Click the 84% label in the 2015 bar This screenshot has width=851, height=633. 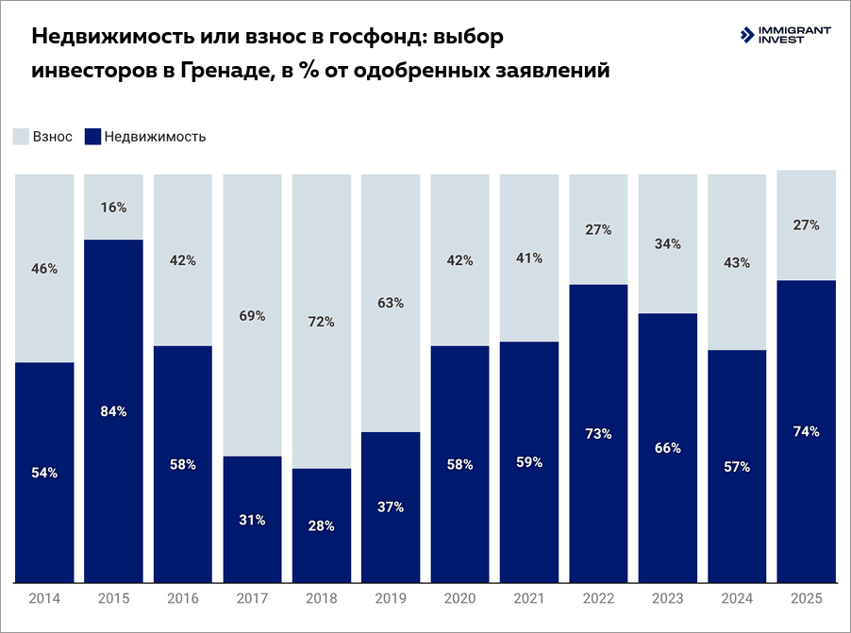pyautogui.click(x=113, y=411)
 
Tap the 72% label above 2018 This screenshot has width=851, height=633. pyautogui.click(x=322, y=322)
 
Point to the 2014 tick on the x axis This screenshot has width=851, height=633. pyautogui.click(x=44, y=599)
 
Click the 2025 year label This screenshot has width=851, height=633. pyautogui.click(x=807, y=599)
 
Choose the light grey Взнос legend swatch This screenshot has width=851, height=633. pyautogui.click(x=21, y=137)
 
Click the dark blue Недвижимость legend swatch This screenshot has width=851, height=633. pyautogui.click(x=92, y=137)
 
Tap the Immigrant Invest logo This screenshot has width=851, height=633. pyautogui.click(x=786, y=36)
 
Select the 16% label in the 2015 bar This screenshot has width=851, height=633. pyautogui.click(x=113, y=208)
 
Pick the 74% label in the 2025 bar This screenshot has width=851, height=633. pyautogui.click(x=807, y=432)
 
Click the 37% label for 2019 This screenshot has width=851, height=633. pyautogui.click(x=391, y=507)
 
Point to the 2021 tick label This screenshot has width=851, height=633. pyautogui.click(x=529, y=599)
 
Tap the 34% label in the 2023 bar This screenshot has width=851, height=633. pyautogui.click(x=668, y=244)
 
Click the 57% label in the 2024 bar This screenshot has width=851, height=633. pyautogui.click(x=737, y=466)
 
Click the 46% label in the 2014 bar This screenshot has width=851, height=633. pyautogui.click(x=44, y=269)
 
